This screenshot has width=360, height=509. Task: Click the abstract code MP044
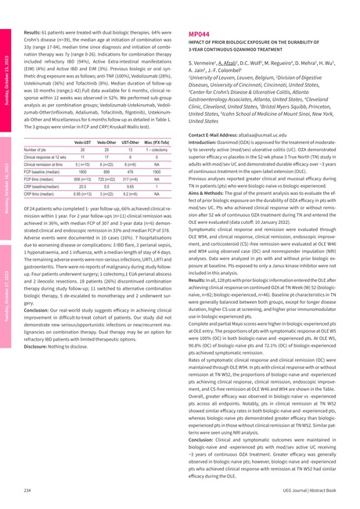[x=199, y=35]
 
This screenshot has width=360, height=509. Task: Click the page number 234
[x=27, y=489]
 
